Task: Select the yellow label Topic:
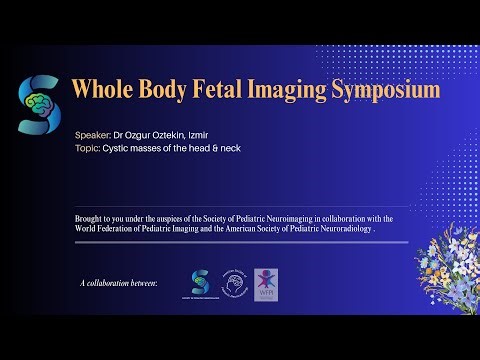88,148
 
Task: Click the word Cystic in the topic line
118,148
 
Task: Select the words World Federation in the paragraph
107,229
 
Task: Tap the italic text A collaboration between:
120,284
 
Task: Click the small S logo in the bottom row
200,281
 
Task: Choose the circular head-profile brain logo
233,284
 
